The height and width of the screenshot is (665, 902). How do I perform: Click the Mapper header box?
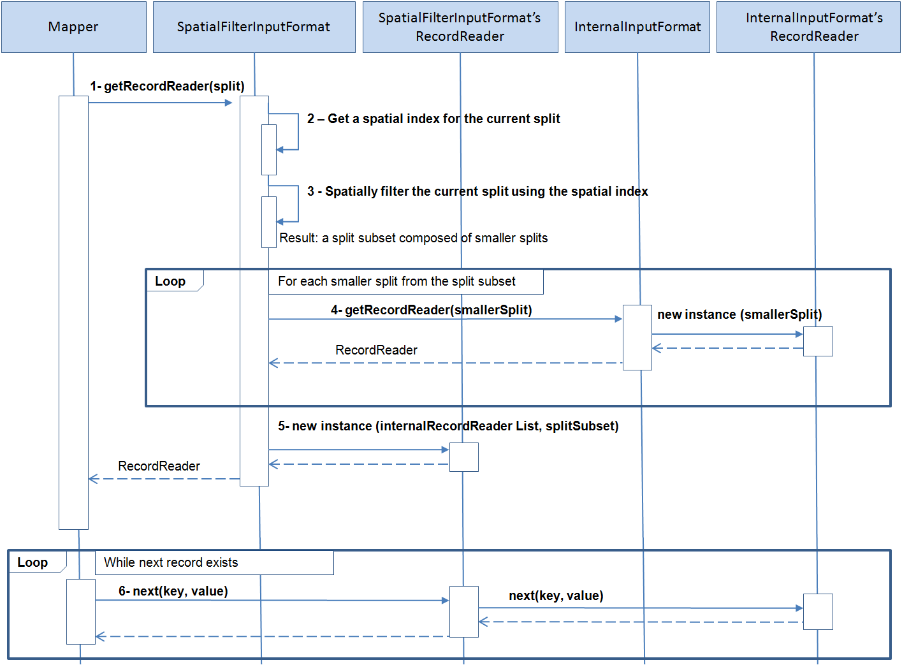click(73, 27)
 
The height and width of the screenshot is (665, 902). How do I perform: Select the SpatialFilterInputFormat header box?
click(254, 27)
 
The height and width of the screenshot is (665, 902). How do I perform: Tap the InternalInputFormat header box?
click(637, 27)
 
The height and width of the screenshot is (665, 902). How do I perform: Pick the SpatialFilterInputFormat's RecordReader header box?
click(460, 27)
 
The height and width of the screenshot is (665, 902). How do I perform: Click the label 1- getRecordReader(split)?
click(167, 86)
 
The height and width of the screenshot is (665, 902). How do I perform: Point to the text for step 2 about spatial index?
click(433, 119)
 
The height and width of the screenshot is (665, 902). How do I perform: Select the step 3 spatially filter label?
click(477, 191)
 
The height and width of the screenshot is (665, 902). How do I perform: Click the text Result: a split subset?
click(413, 238)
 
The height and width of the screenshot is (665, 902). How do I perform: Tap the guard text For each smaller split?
click(396, 281)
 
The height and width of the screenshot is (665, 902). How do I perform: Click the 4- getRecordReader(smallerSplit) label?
click(431, 310)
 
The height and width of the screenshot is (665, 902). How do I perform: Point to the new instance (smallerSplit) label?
click(739, 314)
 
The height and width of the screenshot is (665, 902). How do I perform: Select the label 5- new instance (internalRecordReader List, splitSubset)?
click(448, 426)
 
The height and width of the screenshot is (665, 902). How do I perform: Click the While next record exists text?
click(171, 562)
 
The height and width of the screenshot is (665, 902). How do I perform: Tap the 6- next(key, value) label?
click(173, 591)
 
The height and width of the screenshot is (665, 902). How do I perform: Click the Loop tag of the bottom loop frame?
click(33, 562)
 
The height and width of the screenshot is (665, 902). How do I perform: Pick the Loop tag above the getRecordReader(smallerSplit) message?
click(170, 281)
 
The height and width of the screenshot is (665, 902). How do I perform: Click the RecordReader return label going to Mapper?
click(159, 466)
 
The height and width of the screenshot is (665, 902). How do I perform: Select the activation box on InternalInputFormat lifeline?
click(637, 337)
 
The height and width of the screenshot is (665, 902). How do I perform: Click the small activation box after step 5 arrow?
click(463, 457)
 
